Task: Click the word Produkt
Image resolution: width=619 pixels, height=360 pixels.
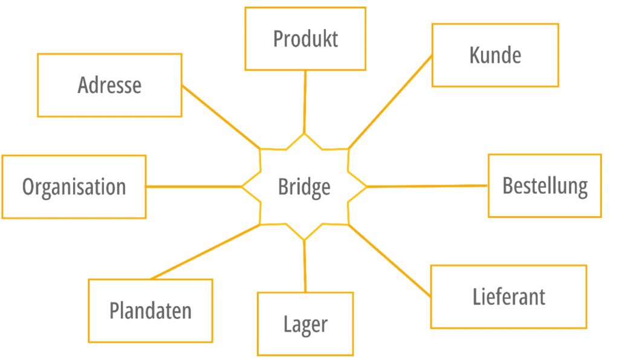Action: [x=305, y=39]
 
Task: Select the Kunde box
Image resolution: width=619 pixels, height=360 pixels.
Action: [x=495, y=55]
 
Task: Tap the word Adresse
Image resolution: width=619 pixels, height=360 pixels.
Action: [x=109, y=85]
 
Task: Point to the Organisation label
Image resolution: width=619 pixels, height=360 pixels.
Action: [x=74, y=187]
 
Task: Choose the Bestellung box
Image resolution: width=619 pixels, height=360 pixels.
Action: [x=545, y=185]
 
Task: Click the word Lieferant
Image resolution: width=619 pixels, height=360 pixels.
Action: [x=508, y=297]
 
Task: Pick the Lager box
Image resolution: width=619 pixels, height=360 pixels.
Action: [x=305, y=324]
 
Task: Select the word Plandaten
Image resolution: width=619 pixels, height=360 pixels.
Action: [x=151, y=310]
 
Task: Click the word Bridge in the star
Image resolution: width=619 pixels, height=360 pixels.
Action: [x=304, y=187]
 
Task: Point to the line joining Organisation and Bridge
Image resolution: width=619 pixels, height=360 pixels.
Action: [x=193, y=187]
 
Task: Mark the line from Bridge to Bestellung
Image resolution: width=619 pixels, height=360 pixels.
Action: [x=427, y=186]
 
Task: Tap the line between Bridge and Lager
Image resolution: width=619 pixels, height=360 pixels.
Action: [x=305, y=266]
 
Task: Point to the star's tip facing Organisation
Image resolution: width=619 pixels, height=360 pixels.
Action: [x=243, y=187]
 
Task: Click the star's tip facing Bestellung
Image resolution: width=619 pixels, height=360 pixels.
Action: [x=366, y=187]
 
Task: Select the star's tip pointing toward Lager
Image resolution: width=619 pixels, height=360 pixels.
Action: [x=304, y=239]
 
